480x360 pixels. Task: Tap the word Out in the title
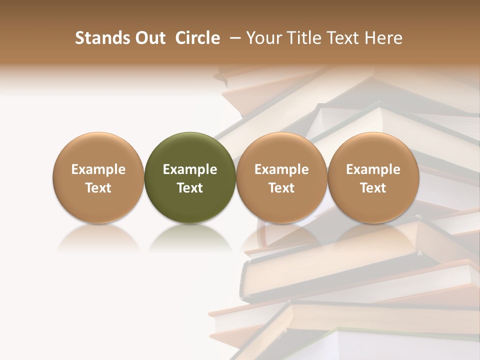(x=147, y=38)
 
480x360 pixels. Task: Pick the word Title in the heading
(x=302, y=38)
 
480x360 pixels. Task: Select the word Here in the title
(x=384, y=38)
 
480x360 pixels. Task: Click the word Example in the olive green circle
(x=190, y=170)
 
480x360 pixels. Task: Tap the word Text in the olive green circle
(x=190, y=188)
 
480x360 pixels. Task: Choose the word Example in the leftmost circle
(x=98, y=170)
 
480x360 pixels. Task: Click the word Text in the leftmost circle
(x=98, y=188)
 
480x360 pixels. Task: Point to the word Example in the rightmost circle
(x=373, y=170)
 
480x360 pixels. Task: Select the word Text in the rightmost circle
(x=373, y=188)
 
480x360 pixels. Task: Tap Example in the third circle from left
(x=281, y=170)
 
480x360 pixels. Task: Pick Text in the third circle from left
(x=281, y=188)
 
